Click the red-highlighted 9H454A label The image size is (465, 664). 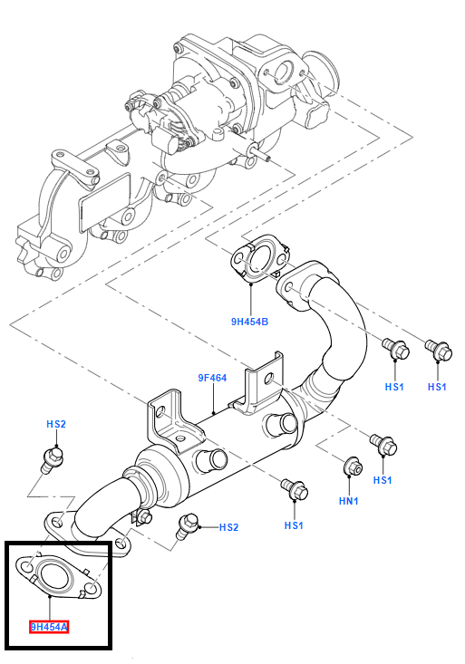point(49,627)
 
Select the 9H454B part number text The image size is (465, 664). point(249,322)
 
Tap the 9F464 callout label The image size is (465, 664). point(212,378)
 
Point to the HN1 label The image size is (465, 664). point(349,501)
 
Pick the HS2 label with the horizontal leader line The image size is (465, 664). point(229,527)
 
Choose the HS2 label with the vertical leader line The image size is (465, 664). point(56,424)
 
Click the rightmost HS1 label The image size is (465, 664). point(437,387)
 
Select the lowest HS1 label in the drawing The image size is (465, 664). point(294,525)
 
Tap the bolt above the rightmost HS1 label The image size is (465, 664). point(439,351)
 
